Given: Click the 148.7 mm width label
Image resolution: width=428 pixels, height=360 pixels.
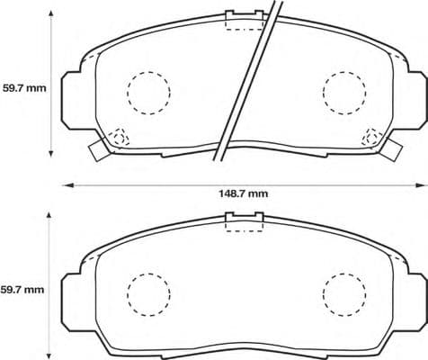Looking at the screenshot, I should tap(245, 193).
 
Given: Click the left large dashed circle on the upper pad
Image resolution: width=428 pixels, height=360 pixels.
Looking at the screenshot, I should tap(147, 91).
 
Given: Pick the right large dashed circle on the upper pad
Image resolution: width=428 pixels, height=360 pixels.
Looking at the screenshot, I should tap(344, 91).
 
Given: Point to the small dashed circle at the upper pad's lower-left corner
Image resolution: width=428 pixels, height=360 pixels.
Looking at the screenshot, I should tap(119, 138).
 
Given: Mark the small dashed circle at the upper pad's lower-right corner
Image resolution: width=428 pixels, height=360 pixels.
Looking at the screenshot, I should tap(371, 138).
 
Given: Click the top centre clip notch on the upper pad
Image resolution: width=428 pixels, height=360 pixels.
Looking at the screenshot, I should tap(243, 19).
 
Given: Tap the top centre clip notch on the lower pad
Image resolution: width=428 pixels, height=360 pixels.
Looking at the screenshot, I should tap(243, 219).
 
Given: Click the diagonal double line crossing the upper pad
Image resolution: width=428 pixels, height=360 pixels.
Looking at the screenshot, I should tap(247, 81).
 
